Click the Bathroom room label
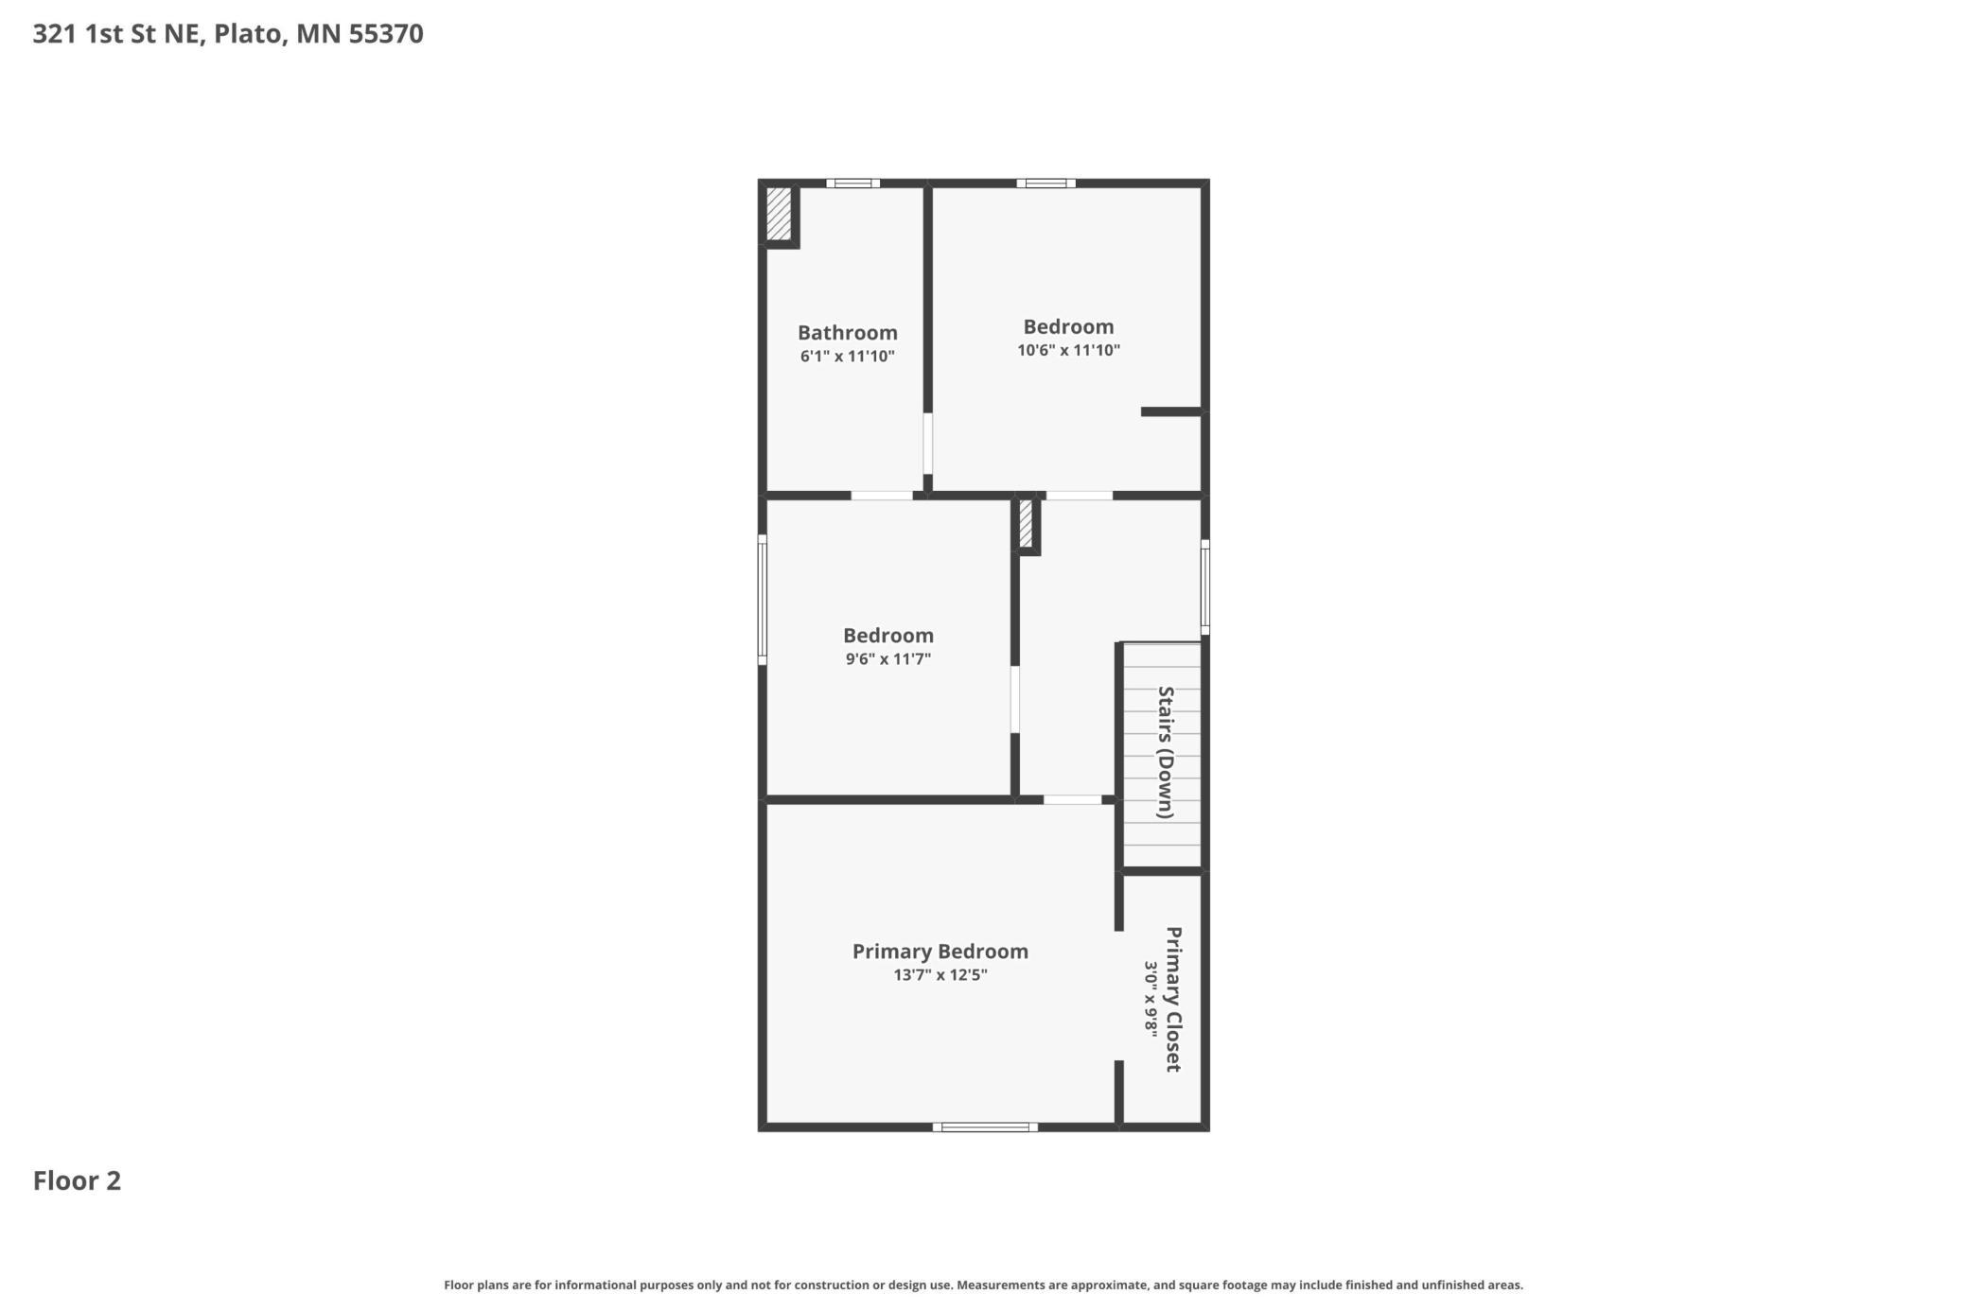pyautogui.click(x=847, y=333)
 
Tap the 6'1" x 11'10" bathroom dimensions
pyautogui.click(x=847, y=357)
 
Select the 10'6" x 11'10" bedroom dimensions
pyautogui.click(x=1068, y=350)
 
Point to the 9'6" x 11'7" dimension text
pyautogui.click(x=887, y=659)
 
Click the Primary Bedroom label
pyautogui.click(x=940, y=952)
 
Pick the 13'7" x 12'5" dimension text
pyautogui.click(x=940, y=975)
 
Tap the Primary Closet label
pyautogui.click(x=1173, y=999)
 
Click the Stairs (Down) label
pyautogui.click(x=1166, y=753)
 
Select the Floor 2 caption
pyautogui.click(x=77, y=1180)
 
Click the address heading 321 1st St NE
pyautogui.click(x=117, y=34)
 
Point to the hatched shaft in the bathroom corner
pyautogui.click(x=778, y=214)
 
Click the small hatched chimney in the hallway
pyautogui.click(x=1026, y=523)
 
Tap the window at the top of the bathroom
pyautogui.click(x=852, y=184)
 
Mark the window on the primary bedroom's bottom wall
pyautogui.click(x=985, y=1127)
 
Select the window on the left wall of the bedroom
pyautogui.click(x=763, y=600)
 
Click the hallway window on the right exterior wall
pyautogui.click(x=1205, y=587)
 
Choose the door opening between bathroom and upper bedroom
pyautogui.click(x=927, y=444)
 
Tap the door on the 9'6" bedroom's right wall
pyautogui.click(x=1015, y=700)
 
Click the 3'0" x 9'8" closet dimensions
pyautogui.click(x=1151, y=999)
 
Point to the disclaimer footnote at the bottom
pyautogui.click(x=984, y=1285)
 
